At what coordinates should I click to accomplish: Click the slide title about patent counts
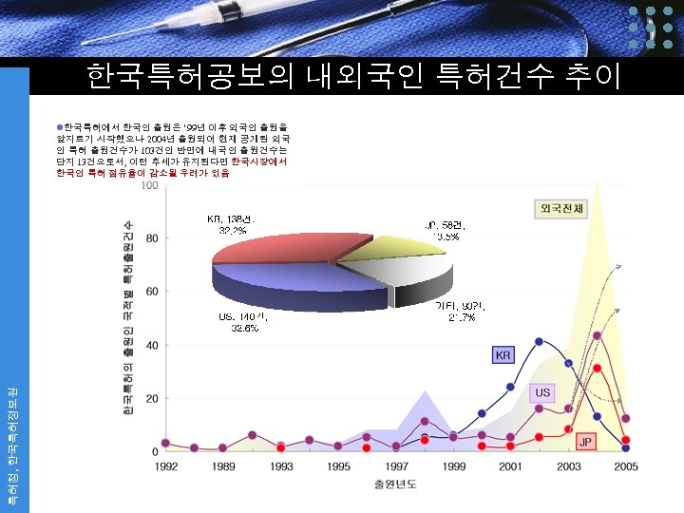coord(353,76)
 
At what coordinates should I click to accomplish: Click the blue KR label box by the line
coord(503,355)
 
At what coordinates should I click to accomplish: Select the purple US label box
coord(541,391)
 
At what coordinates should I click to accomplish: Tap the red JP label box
coord(586,443)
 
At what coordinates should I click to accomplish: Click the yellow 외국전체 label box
coord(561,208)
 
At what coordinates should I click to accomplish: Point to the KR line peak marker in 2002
coord(539,341)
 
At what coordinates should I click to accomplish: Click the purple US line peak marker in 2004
coord(597,335)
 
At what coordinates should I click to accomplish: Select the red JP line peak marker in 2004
coord(597,368)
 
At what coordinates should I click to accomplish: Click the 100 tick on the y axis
coord(149,185)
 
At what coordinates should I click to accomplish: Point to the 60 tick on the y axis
coord(151,292)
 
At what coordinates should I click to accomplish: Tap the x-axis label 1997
coord(396,466)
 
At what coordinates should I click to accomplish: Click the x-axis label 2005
coord(625,466)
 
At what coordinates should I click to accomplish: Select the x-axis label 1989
coord(224,466)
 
